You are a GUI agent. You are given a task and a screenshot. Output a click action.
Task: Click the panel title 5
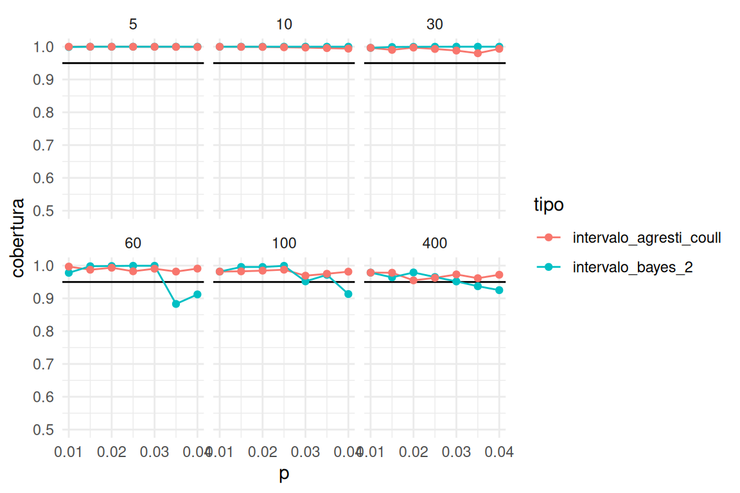pyautogui.click(x=133, y=24)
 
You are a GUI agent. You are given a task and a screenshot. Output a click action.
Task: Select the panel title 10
pyautogui.click(x=284, y=24)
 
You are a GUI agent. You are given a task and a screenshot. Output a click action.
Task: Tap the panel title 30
pyautogui.click(x=435, y=24)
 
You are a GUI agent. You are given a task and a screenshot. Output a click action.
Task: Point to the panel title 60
pyautogui.click(x=133, y=243)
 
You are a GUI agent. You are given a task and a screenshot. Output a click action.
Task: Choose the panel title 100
pyautogui.click(x=284, y=243)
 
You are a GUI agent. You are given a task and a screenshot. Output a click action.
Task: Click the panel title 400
pyautogui.click(x=435, y=243)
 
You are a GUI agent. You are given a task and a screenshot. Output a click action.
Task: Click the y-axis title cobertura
pyautogui.click(x=19, y=238)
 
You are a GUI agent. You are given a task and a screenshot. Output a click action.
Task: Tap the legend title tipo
pyautogui.click(x=549, y=205)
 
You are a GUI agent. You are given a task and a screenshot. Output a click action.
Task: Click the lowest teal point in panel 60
pyautogui.click(x=176, y=304)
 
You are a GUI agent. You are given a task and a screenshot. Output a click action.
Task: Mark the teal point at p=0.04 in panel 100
pyautogui.click(x=349, y=294)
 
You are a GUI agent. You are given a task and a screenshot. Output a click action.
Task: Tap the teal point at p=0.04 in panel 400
pyautogui.click(x=499, y=290)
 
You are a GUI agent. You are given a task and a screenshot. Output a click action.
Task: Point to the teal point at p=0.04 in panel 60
pyautogui.click(x=197, y=294)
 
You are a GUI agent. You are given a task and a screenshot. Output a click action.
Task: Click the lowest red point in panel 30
pyautogui.click(x=477, y=53)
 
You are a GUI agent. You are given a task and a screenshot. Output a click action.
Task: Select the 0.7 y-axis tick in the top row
pyautogui.click(x=42, y=145)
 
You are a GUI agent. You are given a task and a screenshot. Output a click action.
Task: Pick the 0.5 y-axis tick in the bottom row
pyautogui.click(x=42, y=429)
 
